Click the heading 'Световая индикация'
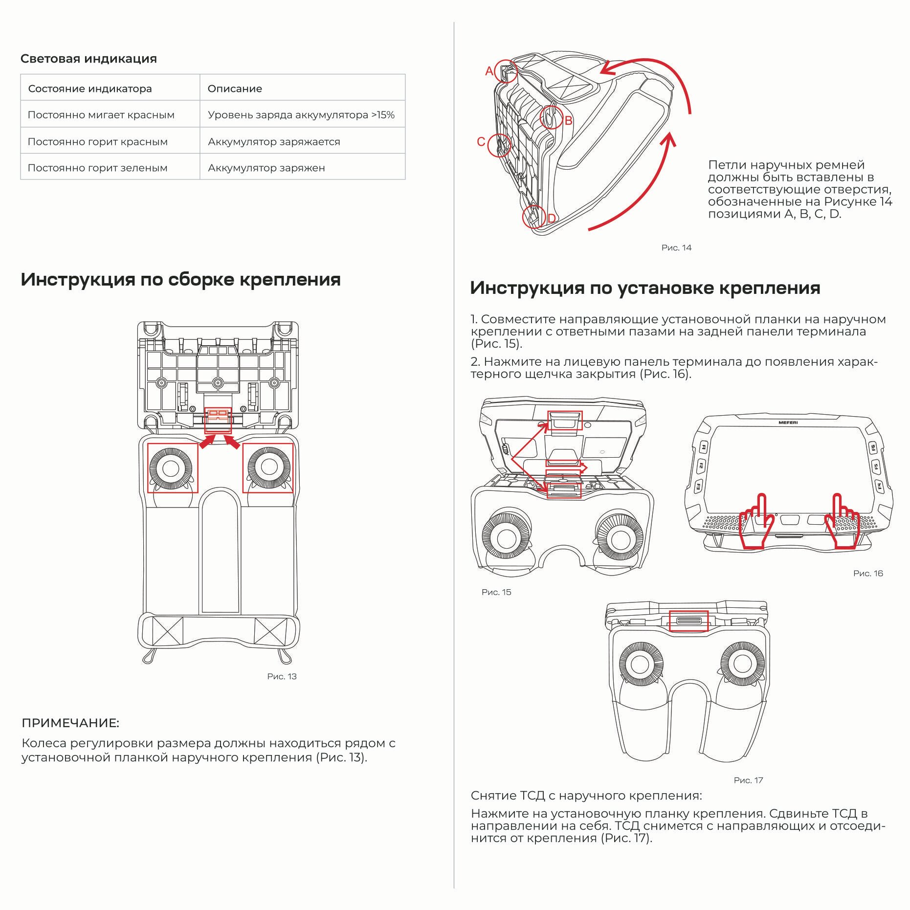point(89,59)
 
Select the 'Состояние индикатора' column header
point(90,89)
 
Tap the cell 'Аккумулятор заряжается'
point(274,142)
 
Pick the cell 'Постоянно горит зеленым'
point(97,168)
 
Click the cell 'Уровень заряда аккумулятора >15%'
point(301,115)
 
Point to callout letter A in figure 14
point(489,71)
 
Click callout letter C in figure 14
point(481,142)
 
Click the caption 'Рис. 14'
point(676,248)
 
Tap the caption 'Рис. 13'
point(282,676)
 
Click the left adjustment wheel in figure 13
point(171,468)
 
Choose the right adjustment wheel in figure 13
point(269,467)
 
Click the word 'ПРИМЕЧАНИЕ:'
point(70,723)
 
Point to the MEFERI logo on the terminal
point(788,422)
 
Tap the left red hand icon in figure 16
point(755,523)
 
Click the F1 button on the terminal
point(704,447)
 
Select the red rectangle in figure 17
point(688,621)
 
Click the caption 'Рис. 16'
point(868,574)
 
